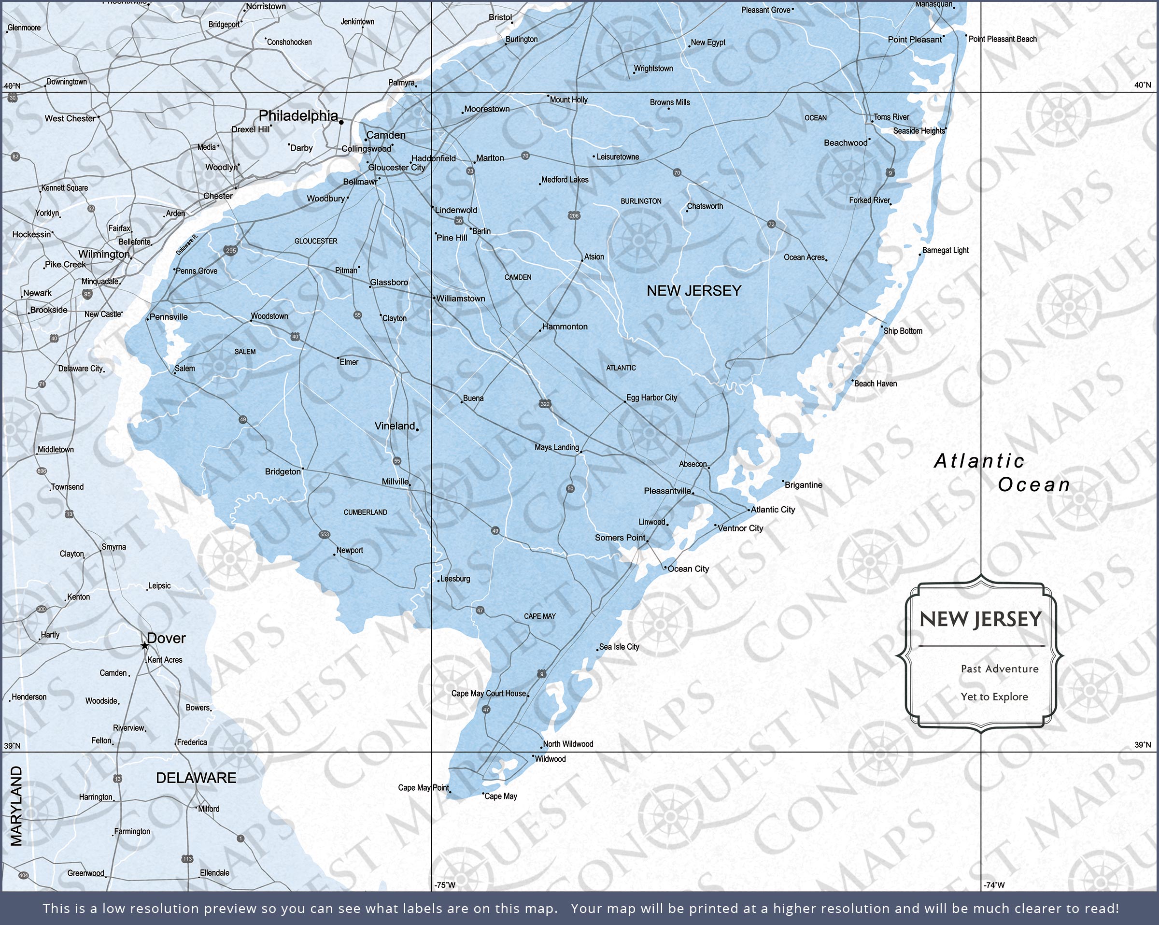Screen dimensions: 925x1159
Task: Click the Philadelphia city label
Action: coord(298,115)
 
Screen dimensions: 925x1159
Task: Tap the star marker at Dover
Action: coord(144,645)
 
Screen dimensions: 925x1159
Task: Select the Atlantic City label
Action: coord(773,509)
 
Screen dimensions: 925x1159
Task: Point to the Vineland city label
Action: coord(395,426)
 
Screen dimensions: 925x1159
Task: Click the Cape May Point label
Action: coord(423,787)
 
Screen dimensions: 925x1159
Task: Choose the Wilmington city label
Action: coord(104,255)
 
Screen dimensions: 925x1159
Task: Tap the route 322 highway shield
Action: coord(545,404)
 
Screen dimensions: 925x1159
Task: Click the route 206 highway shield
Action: coord(574,215)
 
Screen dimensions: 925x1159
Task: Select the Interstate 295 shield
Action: coord(231,250)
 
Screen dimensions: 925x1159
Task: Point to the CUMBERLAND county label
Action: coord(365,512)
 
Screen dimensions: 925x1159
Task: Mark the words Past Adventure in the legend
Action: coord(999,669)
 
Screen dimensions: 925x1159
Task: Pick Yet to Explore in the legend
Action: coord(994,697)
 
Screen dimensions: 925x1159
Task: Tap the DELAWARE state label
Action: coord(196,778)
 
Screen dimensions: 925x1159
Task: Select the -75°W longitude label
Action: coord(445,884)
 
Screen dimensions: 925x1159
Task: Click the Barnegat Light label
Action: coord(945,250)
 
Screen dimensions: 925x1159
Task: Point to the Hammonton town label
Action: coord(565,327)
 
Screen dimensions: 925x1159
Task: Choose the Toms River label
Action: coord(891,117)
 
